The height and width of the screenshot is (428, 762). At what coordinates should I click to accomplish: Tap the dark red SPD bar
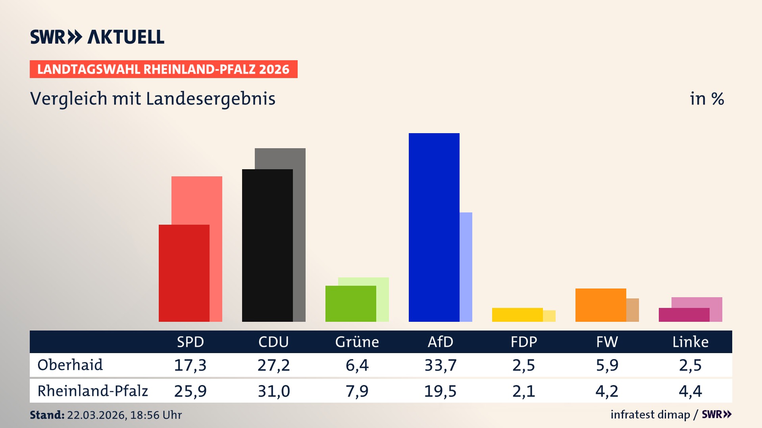tap(184, 273)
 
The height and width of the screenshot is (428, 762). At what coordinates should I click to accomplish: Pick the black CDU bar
tap(267, 245)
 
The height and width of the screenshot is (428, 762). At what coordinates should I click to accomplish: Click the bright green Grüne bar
tap(350, 304)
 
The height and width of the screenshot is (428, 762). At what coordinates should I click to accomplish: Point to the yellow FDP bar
tap(517, 315)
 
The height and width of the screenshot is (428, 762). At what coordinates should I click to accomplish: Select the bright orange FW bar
tap(600, 305)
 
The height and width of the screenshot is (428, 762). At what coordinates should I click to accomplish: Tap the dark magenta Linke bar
tap(684, 315)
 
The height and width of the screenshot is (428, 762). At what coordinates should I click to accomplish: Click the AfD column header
tap(440, 342)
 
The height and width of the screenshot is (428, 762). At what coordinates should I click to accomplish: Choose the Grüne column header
tap(357, 342)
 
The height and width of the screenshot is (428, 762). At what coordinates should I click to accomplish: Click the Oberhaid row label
tap(70, 365)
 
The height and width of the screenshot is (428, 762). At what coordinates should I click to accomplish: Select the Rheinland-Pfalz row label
tap(92, 391)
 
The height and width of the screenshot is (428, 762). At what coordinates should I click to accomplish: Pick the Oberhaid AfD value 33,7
tap(440, 365)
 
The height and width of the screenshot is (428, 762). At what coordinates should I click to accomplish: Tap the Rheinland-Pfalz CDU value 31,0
tap(273, 391)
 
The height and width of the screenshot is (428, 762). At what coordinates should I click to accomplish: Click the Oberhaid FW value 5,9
tap(607, 365)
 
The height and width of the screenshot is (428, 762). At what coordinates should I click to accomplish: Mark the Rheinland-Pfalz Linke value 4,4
tap(690, 391)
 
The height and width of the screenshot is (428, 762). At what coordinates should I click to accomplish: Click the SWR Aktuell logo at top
tap(97, 37)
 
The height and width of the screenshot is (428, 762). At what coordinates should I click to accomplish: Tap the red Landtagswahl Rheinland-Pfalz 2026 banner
tap(164, 69)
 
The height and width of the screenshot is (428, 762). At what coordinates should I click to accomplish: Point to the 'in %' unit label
tap(706, 99)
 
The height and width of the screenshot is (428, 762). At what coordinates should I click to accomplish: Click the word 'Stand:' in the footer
tap(47, 415)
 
